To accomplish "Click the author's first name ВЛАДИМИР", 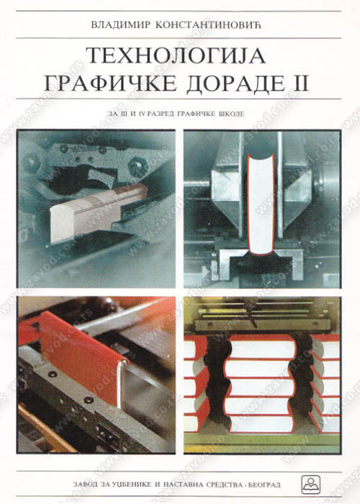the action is pos(121,25).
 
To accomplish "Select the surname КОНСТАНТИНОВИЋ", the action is pos(208,25).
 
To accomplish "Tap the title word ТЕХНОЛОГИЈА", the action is pos(176,55).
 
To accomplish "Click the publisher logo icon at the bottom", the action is pos(310,484).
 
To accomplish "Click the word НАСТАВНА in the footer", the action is pos(178,485).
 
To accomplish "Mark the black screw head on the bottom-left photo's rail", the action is pos(87,400).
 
